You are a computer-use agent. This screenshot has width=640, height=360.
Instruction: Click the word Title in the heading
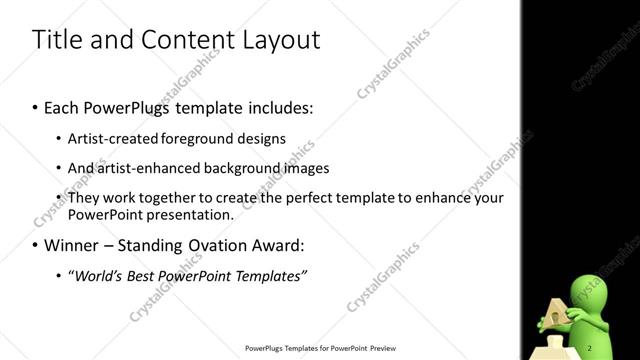pyautogui.click(x=56, y=40)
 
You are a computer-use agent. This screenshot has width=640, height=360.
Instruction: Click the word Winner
pyautogui.click(x=71, y=245)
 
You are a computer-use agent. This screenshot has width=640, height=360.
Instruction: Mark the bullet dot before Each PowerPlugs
pyautogui.click(x=36, y=106)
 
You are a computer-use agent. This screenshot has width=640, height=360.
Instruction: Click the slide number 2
pyautogui.click(x=590, y=347)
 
